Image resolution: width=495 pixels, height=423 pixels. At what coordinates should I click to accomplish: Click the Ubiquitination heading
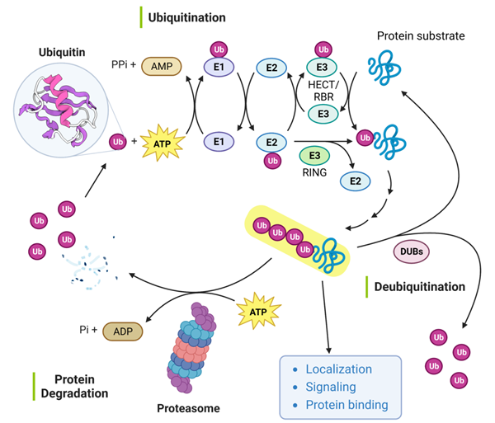[187, 16]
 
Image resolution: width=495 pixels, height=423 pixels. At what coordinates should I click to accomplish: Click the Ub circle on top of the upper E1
[218, 49]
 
